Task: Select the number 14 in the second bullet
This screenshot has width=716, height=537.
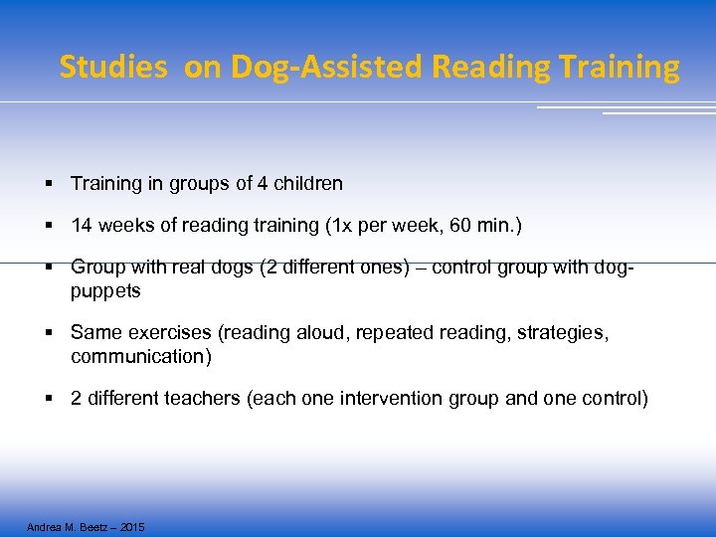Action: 81,227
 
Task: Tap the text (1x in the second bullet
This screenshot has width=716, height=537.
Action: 337,227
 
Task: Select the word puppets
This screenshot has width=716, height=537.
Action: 105,291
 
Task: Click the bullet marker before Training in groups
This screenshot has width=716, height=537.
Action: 48,184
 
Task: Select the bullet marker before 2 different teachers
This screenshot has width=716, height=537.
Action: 48,399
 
